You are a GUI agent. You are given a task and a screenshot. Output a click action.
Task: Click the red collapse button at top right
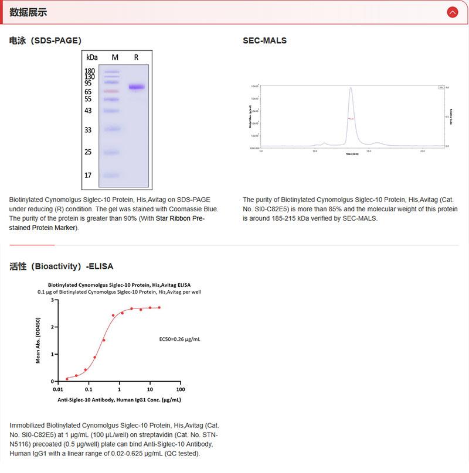point(452,12)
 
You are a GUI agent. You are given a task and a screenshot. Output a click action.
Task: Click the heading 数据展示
point(28,12)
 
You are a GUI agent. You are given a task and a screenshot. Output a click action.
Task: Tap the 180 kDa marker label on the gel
point(90,71)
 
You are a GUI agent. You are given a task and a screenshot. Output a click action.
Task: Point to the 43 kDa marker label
point(89,111)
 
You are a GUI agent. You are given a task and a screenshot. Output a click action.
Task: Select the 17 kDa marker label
point(89,175)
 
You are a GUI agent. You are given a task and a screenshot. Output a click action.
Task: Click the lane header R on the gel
point(136,57)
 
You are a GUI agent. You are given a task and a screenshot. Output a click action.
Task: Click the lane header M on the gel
point(115,57)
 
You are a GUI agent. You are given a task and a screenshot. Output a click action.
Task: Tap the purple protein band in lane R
point(137,87)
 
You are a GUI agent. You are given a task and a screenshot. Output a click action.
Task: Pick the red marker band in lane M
point(111,91)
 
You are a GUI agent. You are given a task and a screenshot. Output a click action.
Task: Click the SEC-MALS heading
point(264,40)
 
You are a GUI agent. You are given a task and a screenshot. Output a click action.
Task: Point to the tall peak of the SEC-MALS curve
point(351,90)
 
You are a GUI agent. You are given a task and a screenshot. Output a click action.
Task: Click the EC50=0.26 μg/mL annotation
point(180,339)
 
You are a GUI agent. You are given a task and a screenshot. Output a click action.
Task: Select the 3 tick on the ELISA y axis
point(52,300)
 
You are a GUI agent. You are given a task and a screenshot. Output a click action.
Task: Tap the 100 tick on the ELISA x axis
point(180,389)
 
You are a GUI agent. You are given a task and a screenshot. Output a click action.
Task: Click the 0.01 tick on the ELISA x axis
point(57,389)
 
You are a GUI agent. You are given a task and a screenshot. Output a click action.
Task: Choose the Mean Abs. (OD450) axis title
point(39,341)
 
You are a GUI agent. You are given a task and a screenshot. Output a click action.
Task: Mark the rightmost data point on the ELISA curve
point(159,307)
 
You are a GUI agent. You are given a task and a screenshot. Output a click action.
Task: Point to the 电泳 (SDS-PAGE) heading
point(45,40)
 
